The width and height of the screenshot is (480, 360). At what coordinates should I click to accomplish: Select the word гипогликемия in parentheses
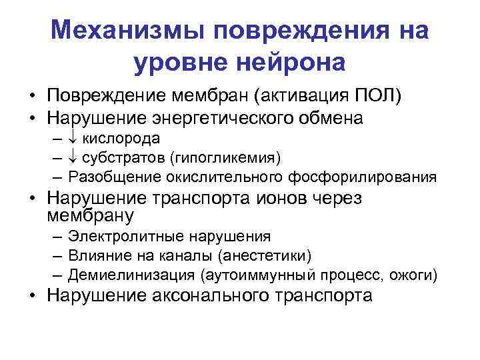tap(226, 158)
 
